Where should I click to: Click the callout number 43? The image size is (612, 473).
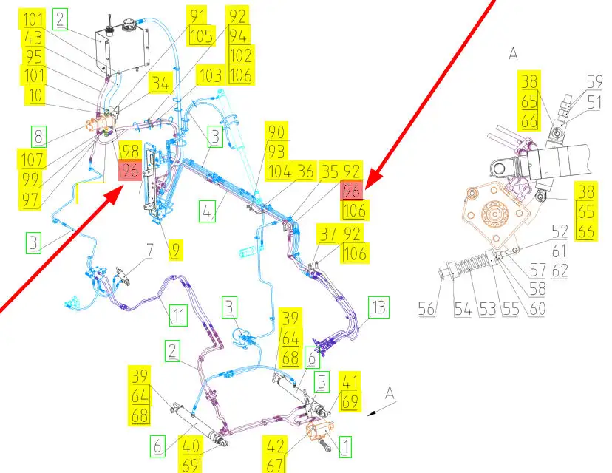33,38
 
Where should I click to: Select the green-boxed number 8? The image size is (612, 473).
38,137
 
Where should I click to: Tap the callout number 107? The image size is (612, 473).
33,159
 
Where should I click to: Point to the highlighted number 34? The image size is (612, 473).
160,83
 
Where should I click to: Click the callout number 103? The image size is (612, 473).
211,75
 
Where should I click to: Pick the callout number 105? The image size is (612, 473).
201,36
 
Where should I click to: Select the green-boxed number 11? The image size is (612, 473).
178,315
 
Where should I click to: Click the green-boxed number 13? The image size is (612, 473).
378,307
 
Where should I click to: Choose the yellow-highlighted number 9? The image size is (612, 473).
176,250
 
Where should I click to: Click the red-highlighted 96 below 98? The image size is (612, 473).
130,170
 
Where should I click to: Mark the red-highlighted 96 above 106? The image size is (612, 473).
352,191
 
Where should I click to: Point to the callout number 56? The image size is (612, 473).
426,308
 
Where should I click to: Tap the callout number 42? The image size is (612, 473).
276,446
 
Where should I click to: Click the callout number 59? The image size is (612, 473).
594,82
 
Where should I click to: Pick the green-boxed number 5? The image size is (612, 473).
322,381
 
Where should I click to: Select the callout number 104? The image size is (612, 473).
279,171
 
